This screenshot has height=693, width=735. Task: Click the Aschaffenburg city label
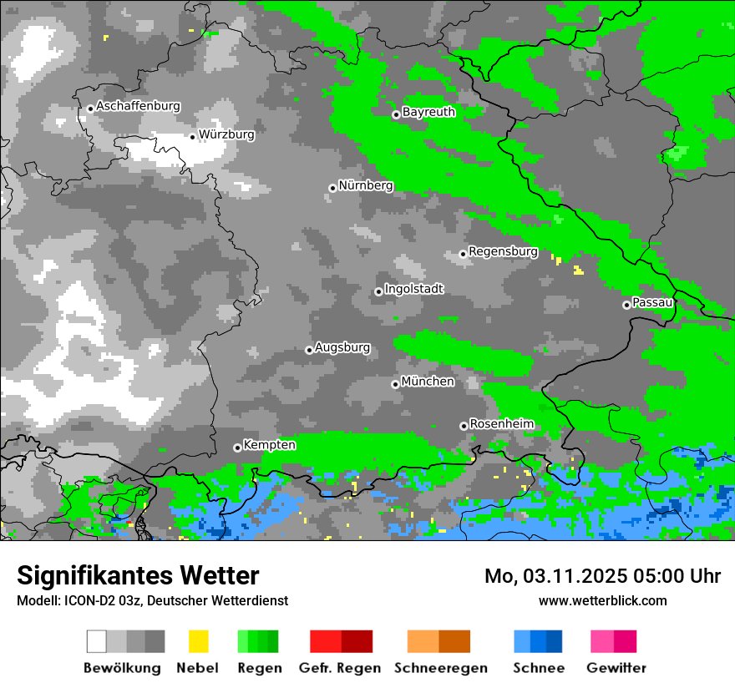coord(138,106)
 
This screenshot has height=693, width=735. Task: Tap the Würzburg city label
coord(226,134)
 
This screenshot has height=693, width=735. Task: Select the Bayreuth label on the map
coord(428,112)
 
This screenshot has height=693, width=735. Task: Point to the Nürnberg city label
coord(365,185)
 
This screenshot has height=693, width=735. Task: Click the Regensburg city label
coord(503,251)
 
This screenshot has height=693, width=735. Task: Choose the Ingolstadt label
coord(413,289)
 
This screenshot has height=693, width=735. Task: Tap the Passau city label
coord(652,302)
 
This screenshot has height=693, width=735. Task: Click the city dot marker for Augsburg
coord(309,350)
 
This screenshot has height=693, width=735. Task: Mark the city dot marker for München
coord(396,384)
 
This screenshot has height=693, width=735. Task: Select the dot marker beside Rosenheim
coord(464,426)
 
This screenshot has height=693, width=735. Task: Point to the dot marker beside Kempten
coord(237,448)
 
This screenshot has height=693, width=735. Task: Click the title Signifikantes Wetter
coord(138,576)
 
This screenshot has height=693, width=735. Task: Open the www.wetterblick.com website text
coord(602,600)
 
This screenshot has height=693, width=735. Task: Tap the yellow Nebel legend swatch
coord(198,641)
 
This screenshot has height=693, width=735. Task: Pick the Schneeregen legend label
coord(441,668)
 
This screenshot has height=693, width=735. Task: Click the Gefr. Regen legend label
coord(340,668)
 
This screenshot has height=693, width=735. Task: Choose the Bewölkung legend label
coord(122,668)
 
